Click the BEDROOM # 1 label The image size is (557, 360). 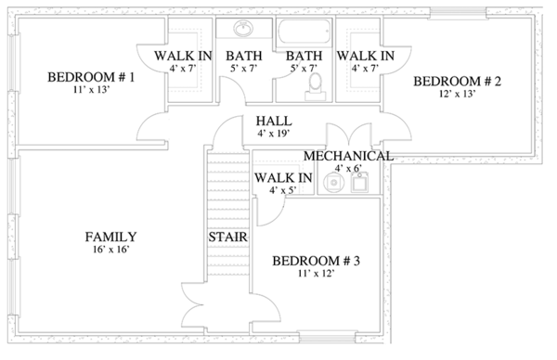[91, 77]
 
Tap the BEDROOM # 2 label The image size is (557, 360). [457, 82]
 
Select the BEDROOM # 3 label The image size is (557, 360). [317, 261]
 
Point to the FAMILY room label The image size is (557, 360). [110, 237]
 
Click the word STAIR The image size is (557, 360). [227, 237]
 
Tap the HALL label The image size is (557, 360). [274, 121]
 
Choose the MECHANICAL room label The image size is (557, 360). [348, 156]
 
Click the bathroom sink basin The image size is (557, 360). [243, 28]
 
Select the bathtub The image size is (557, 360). [304, 32]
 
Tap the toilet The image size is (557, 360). [315, 87]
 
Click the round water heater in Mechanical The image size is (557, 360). [334, 183]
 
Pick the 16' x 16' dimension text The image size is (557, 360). [110, 250]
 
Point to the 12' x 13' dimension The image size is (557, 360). [457, 94]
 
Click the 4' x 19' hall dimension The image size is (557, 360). [274, 134]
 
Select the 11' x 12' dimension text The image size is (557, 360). [317, 274]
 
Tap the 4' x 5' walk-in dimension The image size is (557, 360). [283, 190]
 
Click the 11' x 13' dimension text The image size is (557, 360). [91, 89]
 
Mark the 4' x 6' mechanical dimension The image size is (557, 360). [348, 168]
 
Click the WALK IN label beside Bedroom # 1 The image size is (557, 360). [183, 56]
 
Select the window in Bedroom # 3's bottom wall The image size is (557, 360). [327, 336]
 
